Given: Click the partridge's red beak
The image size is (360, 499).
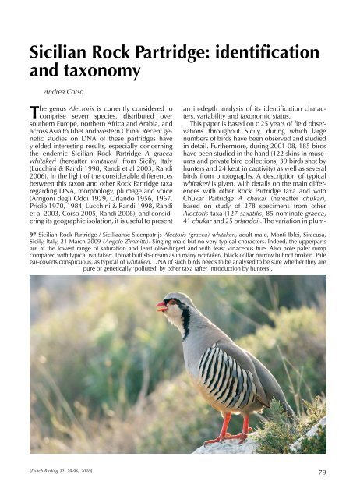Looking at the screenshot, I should coord(163,306).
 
